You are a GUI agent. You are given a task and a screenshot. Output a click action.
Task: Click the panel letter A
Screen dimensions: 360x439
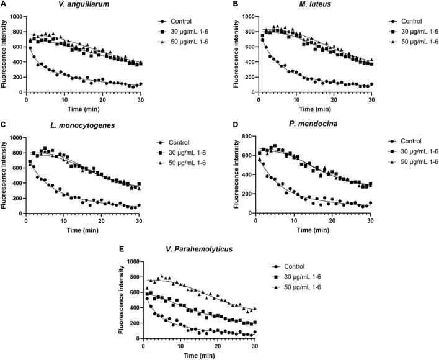pos(4,5)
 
